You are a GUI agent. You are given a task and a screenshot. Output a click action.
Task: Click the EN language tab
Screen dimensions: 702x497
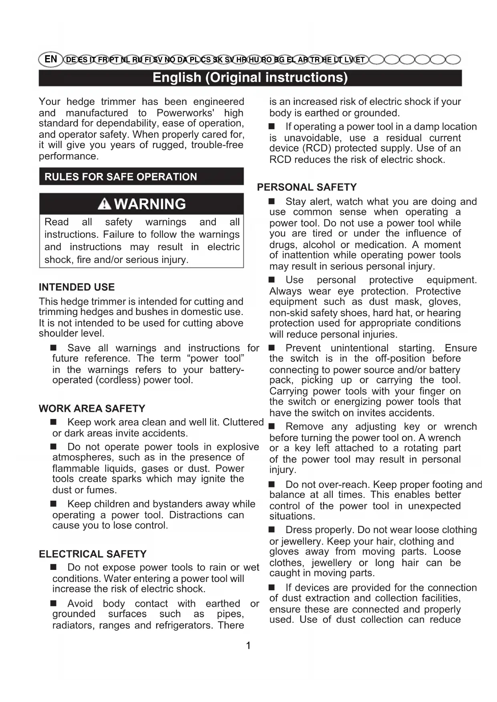click(x=51, y=59)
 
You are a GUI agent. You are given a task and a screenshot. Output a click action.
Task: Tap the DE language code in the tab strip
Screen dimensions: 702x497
click(x=70, y=60)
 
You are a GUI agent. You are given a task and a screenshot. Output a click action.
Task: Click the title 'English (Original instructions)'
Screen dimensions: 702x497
click(x=250, y=78)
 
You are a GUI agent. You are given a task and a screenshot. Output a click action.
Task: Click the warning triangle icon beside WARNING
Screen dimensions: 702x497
click(x=104, y=204)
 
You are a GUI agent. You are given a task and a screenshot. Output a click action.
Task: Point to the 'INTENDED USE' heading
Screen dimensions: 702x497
click(x=76, y=287)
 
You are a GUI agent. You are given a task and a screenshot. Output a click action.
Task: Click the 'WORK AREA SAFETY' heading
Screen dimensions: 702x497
click(x=92, y=408)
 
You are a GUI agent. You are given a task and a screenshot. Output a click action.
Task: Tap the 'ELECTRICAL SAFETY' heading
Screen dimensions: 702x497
click(x=93, y=554)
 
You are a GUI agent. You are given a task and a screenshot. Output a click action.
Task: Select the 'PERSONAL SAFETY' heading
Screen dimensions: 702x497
click(x=307, y=187)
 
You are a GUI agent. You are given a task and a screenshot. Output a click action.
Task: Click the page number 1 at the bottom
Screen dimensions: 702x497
click(x=248, y=645)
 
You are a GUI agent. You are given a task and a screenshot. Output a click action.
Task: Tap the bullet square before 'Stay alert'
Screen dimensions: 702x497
click(x=272, y=201)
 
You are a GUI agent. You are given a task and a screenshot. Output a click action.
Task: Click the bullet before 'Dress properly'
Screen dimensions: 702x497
click(x=272, y=530)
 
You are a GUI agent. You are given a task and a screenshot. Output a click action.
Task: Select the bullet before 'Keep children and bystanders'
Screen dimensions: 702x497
click(x=54, y=503)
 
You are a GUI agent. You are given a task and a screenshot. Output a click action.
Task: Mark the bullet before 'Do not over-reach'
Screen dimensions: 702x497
click(x=272, y=485)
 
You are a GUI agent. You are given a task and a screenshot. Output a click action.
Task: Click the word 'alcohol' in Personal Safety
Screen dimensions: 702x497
click(x=318, y=245)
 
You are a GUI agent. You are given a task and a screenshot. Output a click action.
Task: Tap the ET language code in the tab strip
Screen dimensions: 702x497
click(x=360, y=60)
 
